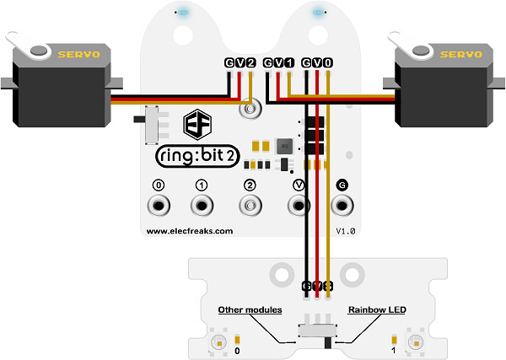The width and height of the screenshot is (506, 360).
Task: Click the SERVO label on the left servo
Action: click(78, 53)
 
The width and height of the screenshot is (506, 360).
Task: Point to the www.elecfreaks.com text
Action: click(189, 230)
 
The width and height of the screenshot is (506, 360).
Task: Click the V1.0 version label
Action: click(347, 230)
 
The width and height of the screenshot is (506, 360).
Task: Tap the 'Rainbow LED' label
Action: click(377, 310)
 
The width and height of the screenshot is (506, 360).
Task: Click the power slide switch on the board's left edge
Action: click(153, 123)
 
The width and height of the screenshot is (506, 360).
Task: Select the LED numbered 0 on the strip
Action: click(218, 342)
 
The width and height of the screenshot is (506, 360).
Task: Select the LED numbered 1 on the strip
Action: click(413, 342)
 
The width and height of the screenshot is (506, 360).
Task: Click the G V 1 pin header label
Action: click(278, 62)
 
